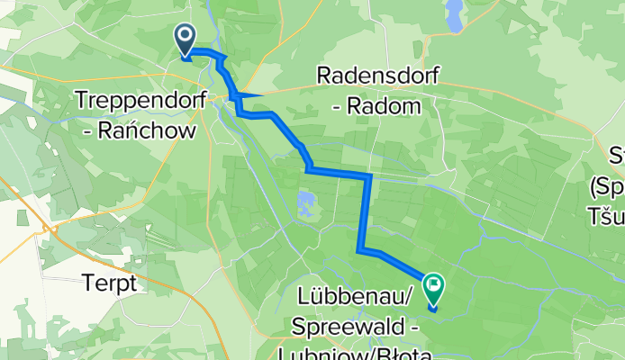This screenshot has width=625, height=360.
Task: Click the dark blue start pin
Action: [x=186, y=39]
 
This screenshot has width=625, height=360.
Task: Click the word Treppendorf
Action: [x=132, y=98]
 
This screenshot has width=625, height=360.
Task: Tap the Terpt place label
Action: [x=106, y=283]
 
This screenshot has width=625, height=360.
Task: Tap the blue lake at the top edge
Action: [x=456, y=13]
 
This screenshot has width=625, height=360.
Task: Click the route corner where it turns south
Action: [x=369, y=174]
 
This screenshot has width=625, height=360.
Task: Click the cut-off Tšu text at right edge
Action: [x=605, y=216]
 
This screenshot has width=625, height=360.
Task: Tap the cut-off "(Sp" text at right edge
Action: [x=605, y=188]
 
